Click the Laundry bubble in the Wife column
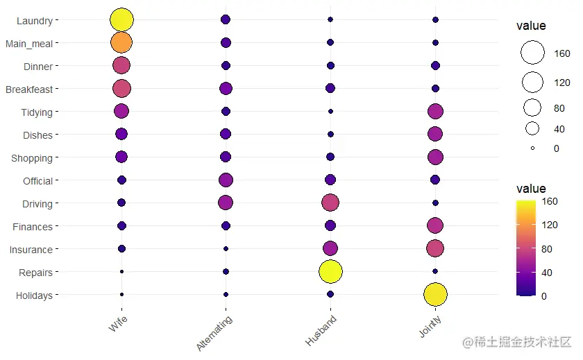click(121, 20)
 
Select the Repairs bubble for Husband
click(330, 271)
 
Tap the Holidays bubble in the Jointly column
click(435, 294)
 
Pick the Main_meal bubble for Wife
click(121, 43)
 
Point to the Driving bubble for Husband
click(330, 203)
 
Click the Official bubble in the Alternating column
click(226, 180)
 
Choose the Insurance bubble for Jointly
click(435, 248)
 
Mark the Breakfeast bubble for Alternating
click(226, 88)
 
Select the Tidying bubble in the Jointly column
click(435, 111)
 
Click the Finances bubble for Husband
click(330, 225)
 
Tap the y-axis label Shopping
click(31, 158)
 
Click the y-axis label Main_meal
click(28, 44)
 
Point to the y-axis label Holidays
click(33, 295)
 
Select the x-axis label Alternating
click(215, 332)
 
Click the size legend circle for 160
click(532, 53)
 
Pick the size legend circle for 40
click(532, 128)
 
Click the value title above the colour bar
click(531, 189)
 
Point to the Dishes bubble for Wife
click(121, 134)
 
